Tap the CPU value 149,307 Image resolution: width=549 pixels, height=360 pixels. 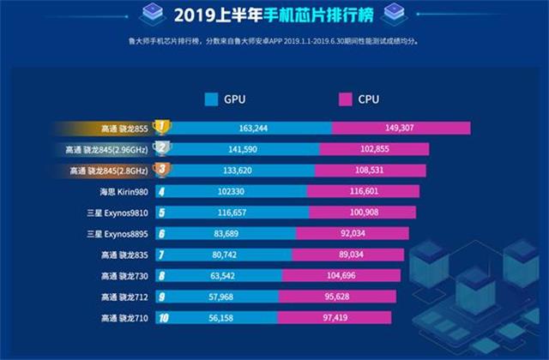click(x=401, y=128)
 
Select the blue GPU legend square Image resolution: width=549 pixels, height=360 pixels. click(x=212, y=100)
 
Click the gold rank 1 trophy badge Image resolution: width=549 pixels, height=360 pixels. click(x=160, y=128)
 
